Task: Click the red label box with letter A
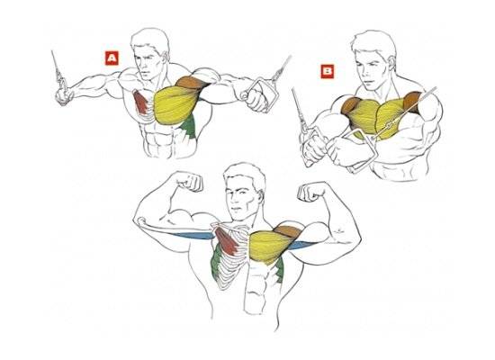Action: coord(112,58)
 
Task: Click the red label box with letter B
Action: coord(327,71)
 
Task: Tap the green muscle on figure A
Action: coord(189,127)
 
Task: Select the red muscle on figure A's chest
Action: coord(140,102)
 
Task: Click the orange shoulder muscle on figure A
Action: coord(191,83)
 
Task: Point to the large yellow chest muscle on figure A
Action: coord(175,104)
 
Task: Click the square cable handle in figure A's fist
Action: coord(260,94)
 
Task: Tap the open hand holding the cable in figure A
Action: coord(63,96)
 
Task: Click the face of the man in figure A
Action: coord(147,62)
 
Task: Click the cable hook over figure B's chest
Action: coord(387,127)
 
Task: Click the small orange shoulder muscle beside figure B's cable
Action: coord(412,102)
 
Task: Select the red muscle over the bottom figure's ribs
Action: coord(227,240)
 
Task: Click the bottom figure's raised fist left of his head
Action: coord(189,182)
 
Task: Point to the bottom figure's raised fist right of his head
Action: coord(312,191)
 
